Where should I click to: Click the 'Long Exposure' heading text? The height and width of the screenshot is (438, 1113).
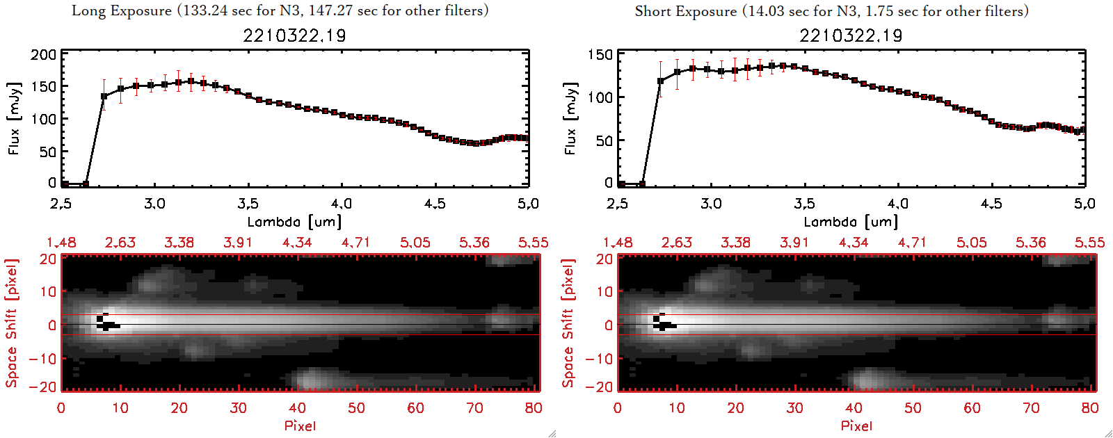tap(122, 10)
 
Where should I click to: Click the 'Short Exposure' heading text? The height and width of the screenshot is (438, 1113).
tap(686, 11)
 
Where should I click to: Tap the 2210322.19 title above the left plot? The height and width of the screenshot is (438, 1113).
tap(294, 35)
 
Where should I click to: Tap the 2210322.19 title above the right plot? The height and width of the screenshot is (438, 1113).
tap(851, 35)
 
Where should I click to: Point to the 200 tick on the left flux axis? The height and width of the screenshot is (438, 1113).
tap(43, 55)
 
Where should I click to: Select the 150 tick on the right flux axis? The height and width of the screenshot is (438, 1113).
tap(600, 55)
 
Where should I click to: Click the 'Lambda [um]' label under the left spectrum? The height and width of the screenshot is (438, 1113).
tap(294, 222)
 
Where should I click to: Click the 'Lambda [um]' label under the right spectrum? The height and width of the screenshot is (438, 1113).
tap(851, 222)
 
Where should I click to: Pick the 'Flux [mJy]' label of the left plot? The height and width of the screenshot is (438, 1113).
tap(15, 118)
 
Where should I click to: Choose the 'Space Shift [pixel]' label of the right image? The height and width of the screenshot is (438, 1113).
tap(568, 323)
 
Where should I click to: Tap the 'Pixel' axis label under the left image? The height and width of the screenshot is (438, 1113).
tap(300, 425)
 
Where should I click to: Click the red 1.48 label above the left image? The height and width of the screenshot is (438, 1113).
tap(61, 243)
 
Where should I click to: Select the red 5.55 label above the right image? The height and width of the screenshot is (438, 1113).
tap(1089, 243)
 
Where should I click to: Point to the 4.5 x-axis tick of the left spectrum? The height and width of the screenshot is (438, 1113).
tap(435, 204)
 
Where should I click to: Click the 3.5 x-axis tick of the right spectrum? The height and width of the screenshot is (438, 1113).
tap(804, 204)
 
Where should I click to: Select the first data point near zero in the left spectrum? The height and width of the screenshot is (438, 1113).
tap(65, 184)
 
